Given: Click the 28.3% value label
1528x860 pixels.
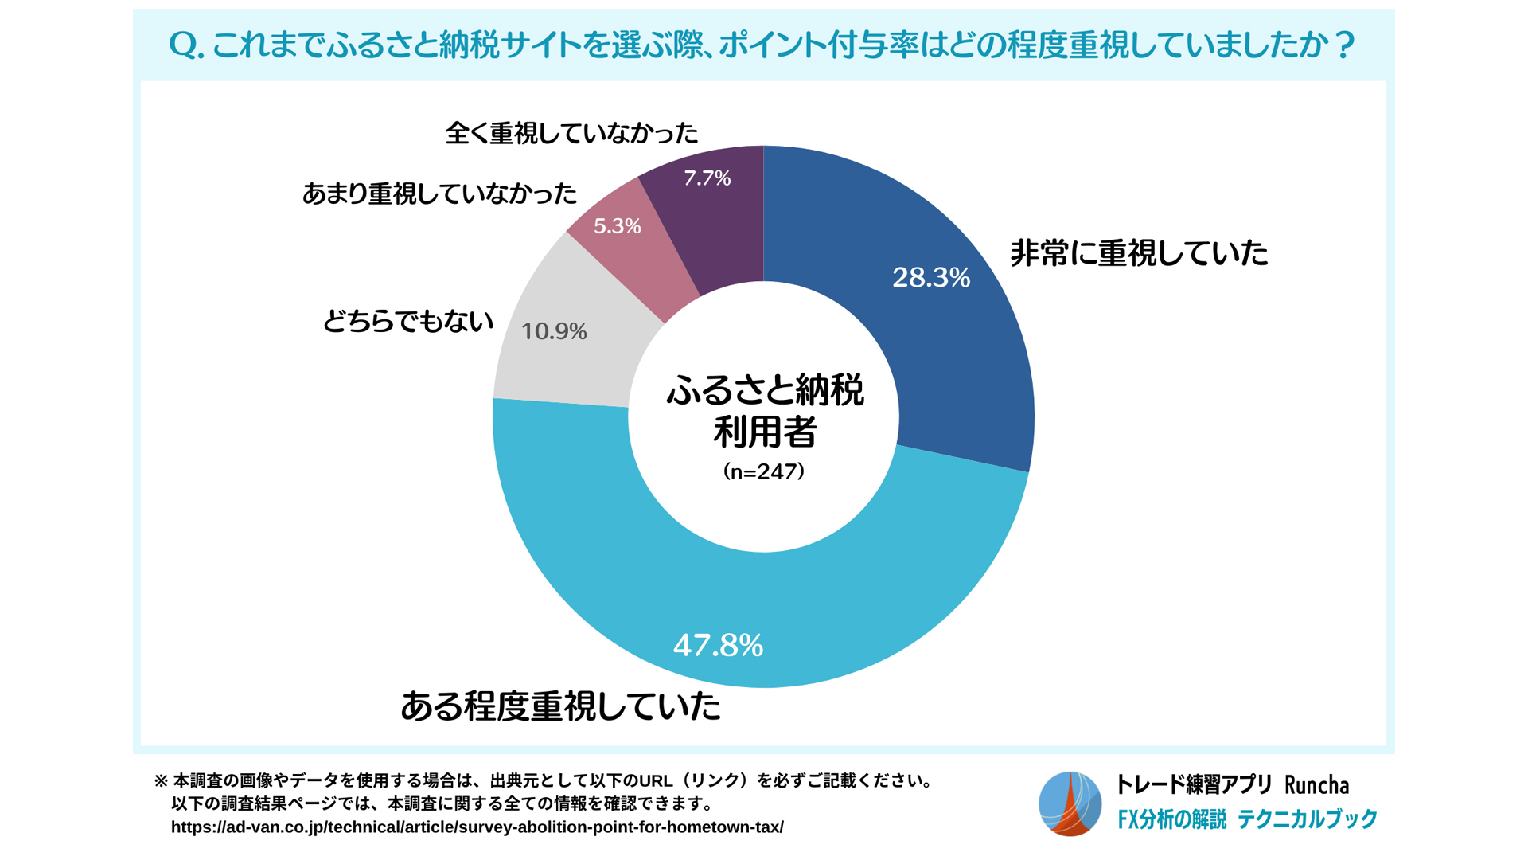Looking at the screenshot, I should coord(930,277).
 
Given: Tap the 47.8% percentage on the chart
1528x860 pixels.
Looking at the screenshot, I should coord(718,645).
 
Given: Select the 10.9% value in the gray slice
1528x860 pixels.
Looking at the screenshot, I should coord(554,331).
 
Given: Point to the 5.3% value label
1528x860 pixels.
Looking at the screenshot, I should coord(617,226).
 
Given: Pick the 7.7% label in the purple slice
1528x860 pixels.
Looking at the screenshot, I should coord(707,178).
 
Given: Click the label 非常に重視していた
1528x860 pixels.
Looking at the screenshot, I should coord(1139,253).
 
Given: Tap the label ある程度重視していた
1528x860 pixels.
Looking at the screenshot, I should coord(560,706).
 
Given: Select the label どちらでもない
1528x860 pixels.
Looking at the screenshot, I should coord(407,321).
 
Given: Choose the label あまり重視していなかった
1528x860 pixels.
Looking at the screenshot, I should coord(439,193).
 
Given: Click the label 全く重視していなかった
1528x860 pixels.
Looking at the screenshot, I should coord(571,132).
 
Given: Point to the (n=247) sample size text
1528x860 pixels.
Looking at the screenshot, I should coord(764,471).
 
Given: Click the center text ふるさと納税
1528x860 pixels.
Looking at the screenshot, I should coord(764,391).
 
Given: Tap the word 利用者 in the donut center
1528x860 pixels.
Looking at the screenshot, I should coord(764,432).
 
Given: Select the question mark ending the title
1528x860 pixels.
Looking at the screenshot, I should coord(1344,45).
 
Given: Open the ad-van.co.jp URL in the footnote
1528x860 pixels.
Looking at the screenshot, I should coord(477,827).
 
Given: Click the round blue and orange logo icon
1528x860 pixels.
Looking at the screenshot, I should coord(1070,803).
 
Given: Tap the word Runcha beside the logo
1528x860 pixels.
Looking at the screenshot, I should coord(1316,785).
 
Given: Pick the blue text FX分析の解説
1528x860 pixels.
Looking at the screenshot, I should coord(1171,819).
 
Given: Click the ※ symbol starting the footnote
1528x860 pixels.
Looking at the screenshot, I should coord(161,780).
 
